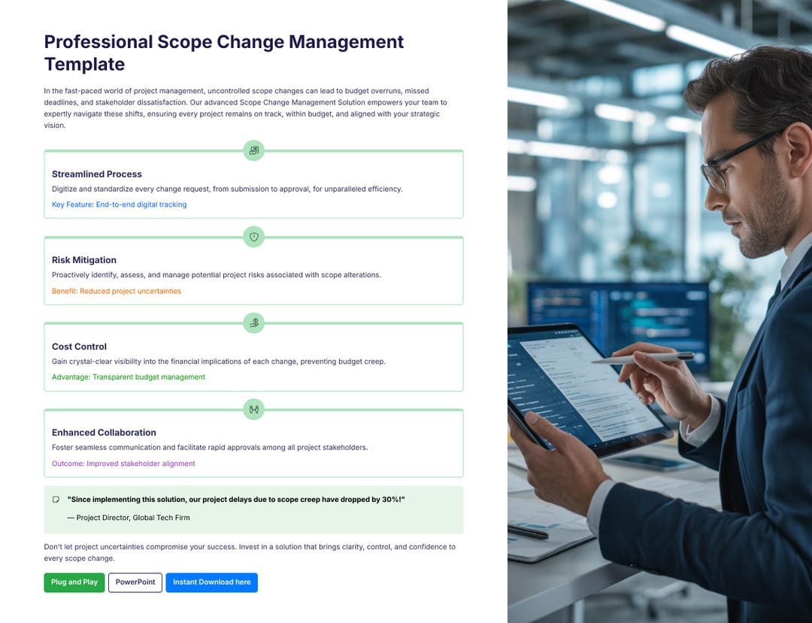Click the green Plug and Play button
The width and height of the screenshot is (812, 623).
point(74,582)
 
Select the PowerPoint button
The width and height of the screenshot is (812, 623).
point(135,582)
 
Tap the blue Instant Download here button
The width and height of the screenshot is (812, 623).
point(211,582)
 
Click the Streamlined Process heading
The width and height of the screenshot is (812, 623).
point(97,174)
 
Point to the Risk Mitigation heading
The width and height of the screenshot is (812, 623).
point(84,260)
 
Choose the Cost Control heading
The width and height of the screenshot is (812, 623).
point(79,346)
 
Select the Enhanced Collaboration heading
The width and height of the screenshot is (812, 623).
point(104,433)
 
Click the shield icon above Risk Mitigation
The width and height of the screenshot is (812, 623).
point(254,237)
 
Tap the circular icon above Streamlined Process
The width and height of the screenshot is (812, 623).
point(254,150)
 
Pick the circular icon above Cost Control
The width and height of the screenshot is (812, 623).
point(254,323)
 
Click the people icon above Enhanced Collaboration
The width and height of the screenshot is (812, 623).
point(254,410)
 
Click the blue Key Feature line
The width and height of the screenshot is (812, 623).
point(119,204)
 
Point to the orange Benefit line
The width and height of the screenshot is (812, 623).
point(117,291)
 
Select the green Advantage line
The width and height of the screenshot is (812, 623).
point(129,377)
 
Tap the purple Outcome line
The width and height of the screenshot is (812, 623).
point(123,464)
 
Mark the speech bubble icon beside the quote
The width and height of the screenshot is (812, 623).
point(56,500)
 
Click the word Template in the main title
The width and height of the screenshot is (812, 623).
point(84,64)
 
